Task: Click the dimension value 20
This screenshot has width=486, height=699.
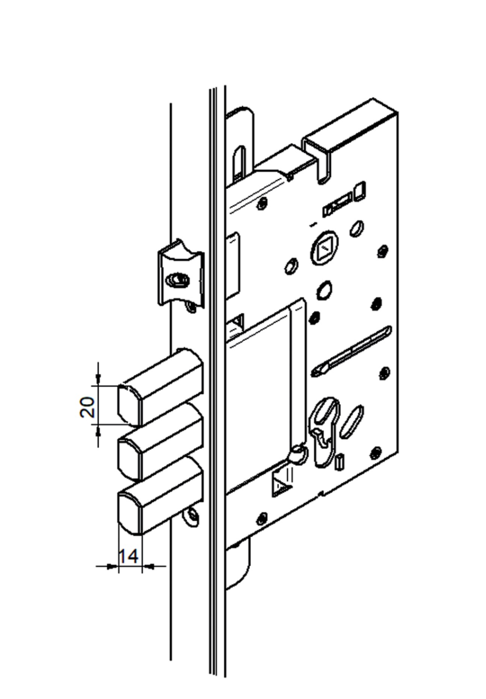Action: click(x=87, y=407)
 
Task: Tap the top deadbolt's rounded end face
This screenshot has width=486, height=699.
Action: click(x=129, y=405)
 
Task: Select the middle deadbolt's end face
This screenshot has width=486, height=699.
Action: click(x=129, y=459)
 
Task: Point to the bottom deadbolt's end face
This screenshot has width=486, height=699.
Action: click(x=129, y=513)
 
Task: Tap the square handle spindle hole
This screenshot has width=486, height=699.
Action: click(x=325, y=248)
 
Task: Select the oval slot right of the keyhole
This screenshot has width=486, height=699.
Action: click(x=351, y=421)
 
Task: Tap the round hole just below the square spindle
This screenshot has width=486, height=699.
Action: click(x=324, y=290)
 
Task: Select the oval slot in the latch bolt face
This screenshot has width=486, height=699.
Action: click(x=178, y=280)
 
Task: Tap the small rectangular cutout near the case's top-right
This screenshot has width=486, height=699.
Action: click(x=361, y=190)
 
